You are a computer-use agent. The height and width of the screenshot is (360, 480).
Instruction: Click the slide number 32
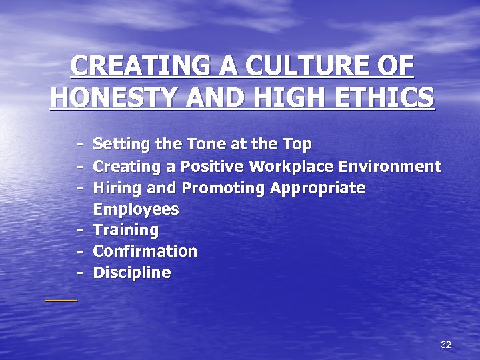pos(446,345)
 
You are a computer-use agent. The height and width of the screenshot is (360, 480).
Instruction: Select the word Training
pos(126,231)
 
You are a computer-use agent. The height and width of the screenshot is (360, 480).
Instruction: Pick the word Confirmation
pos(145,251)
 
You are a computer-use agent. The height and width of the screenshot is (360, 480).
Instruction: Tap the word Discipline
pos(131,273)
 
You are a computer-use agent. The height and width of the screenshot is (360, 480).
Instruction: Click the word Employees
pos(136,209)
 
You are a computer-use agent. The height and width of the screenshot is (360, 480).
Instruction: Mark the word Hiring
pos(113,188)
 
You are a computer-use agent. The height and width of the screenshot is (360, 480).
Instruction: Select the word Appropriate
pos(318,188)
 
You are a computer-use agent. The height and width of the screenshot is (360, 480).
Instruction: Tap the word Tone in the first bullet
pos(196,144)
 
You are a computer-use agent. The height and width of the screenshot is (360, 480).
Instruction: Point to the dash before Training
pos(79,231)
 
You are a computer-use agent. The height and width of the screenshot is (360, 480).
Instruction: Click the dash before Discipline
pos(79,273)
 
